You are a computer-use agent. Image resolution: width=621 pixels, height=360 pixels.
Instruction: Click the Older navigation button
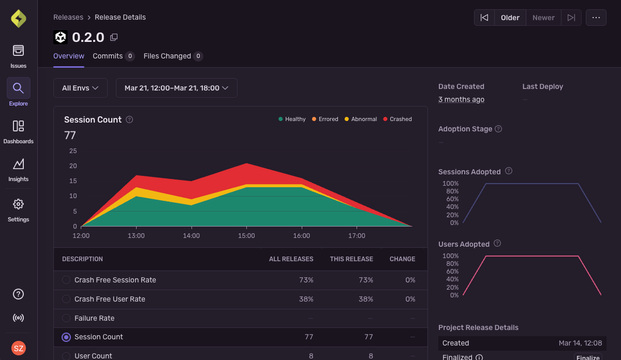510,18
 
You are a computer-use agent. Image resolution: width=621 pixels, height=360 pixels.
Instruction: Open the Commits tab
108,56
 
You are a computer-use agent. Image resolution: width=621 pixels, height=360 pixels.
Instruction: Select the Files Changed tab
167,56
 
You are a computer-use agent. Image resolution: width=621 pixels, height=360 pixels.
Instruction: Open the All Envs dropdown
80,88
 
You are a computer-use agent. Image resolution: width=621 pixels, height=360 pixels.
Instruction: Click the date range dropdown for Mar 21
176,88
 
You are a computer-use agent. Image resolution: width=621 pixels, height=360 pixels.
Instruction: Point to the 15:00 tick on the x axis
246,236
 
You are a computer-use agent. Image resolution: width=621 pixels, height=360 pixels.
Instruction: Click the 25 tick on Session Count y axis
73,151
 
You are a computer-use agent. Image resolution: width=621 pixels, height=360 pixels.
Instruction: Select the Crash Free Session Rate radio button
66,280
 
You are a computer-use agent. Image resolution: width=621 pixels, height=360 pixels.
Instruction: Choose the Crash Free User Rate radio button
66,299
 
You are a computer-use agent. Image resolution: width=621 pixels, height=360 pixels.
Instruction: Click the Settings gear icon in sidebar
19,204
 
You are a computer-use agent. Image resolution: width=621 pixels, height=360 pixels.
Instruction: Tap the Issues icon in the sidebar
19,51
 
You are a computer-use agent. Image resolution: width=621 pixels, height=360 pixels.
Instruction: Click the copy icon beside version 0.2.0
114,37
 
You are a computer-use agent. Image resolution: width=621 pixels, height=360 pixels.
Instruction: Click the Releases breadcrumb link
68,17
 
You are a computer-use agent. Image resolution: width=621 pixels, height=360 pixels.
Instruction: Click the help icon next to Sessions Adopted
509,171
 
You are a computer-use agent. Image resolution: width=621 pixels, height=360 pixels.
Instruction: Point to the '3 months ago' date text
461,99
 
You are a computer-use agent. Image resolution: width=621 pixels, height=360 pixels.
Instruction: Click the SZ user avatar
19,348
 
